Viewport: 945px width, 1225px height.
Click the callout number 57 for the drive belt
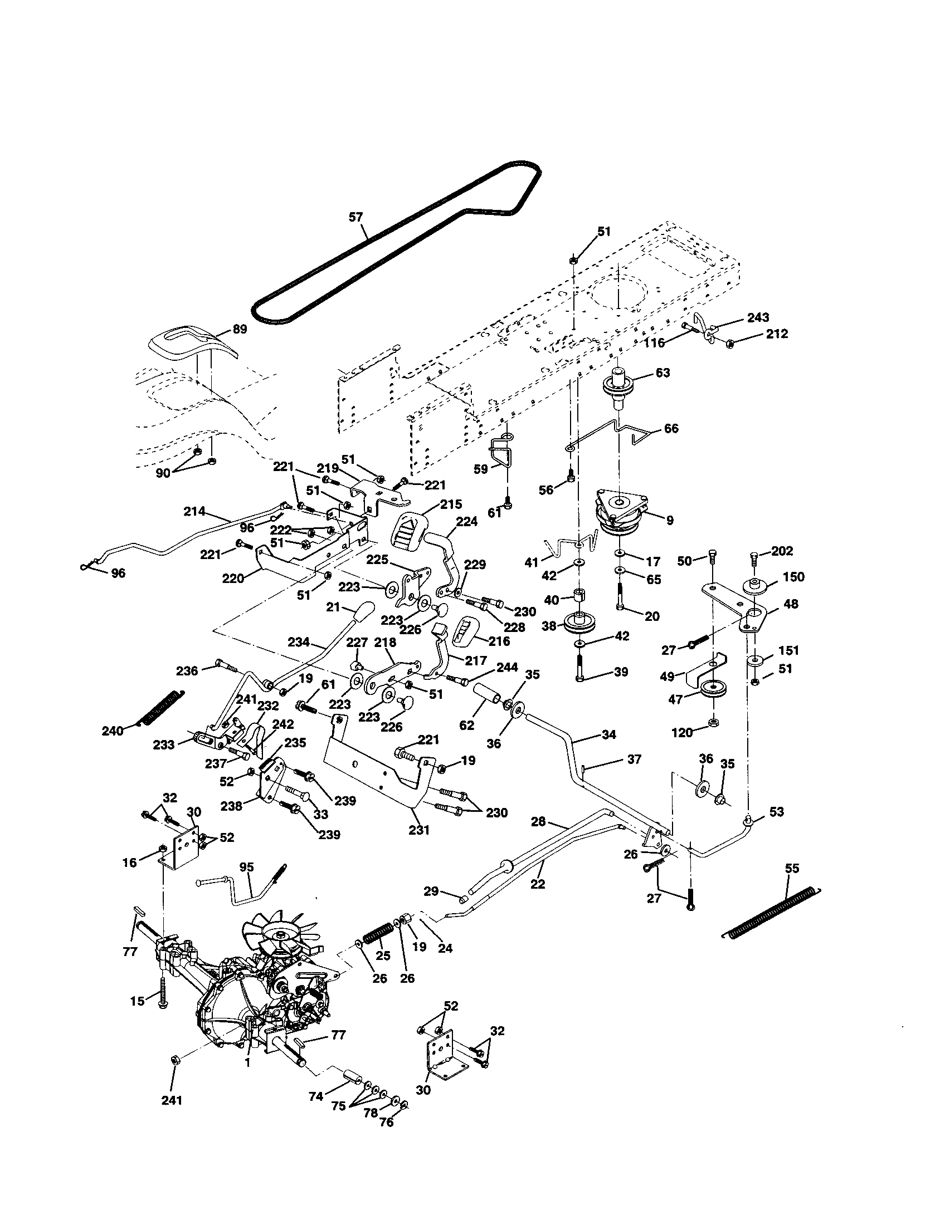[356, 217]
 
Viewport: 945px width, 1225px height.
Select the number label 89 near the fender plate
[240, 329]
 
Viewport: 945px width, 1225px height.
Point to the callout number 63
[663, 373]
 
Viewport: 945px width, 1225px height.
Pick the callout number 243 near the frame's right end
[758, 318]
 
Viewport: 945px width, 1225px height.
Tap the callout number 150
[793, 577]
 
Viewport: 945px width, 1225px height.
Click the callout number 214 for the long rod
[194, 511]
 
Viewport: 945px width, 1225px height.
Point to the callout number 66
[671, 429]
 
